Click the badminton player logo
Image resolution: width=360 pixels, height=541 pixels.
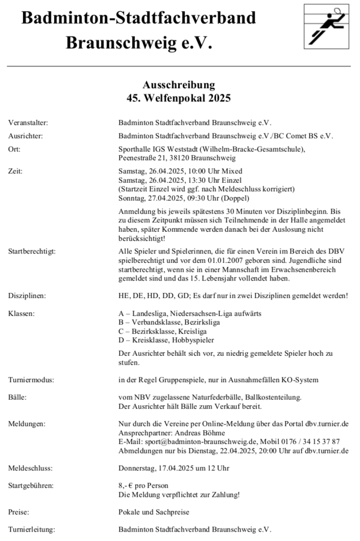327,25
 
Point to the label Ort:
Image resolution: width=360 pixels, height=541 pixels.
15,149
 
